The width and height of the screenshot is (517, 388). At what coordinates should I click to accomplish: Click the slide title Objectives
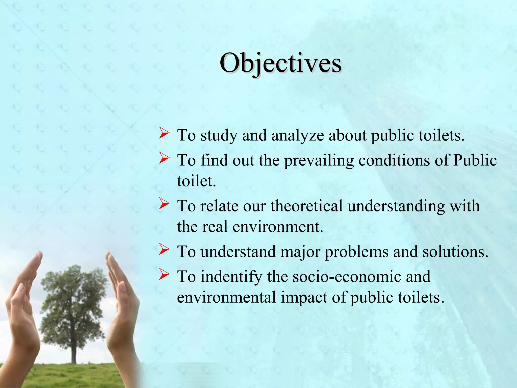[x=280, y=63]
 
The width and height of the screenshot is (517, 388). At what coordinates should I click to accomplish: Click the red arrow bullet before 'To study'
[x=164, y=134]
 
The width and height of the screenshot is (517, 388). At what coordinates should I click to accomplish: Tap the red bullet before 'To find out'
[x=164, y=159]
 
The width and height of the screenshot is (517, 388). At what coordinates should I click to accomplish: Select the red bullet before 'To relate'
[x=164, y=204]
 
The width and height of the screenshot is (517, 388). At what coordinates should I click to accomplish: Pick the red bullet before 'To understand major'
[x=164, y=250]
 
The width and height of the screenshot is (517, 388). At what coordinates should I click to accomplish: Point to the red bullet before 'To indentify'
[x=164, y=275]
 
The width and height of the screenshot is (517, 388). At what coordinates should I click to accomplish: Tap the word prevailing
[x=319, y=161]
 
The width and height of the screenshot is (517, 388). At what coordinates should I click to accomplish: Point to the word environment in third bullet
[x=278, y=227]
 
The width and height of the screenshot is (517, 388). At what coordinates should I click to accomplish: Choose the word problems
[x=356, y=252]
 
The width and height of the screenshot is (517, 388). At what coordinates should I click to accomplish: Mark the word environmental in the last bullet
[x=226, y=297]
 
